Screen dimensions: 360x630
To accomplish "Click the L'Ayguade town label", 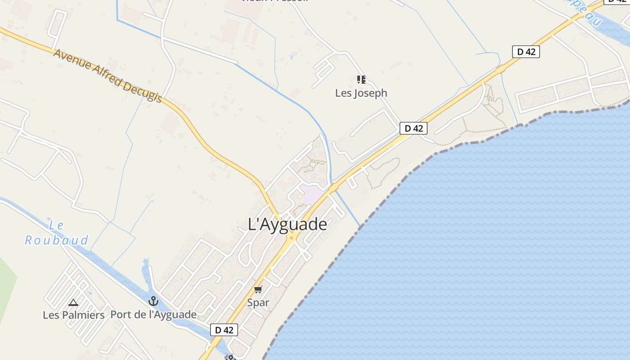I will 288,224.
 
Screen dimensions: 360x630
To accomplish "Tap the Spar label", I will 258,302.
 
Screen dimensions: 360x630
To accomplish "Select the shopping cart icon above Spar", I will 258,289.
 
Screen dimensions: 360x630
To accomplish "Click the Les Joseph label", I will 361,93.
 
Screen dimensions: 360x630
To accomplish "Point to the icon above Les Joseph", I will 361,80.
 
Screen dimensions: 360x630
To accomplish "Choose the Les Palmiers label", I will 74,315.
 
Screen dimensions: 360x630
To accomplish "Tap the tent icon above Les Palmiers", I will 73,302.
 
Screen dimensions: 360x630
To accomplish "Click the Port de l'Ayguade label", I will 153,315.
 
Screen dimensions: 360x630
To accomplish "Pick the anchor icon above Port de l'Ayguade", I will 153,301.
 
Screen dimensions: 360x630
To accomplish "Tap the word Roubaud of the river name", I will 57,240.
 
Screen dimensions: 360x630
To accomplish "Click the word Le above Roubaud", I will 57,225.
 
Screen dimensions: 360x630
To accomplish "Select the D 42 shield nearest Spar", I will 224,330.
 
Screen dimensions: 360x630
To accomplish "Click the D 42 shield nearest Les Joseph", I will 414,128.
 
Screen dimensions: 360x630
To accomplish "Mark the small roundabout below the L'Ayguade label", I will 292,238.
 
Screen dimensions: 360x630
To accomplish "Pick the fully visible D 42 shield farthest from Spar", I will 526,51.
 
